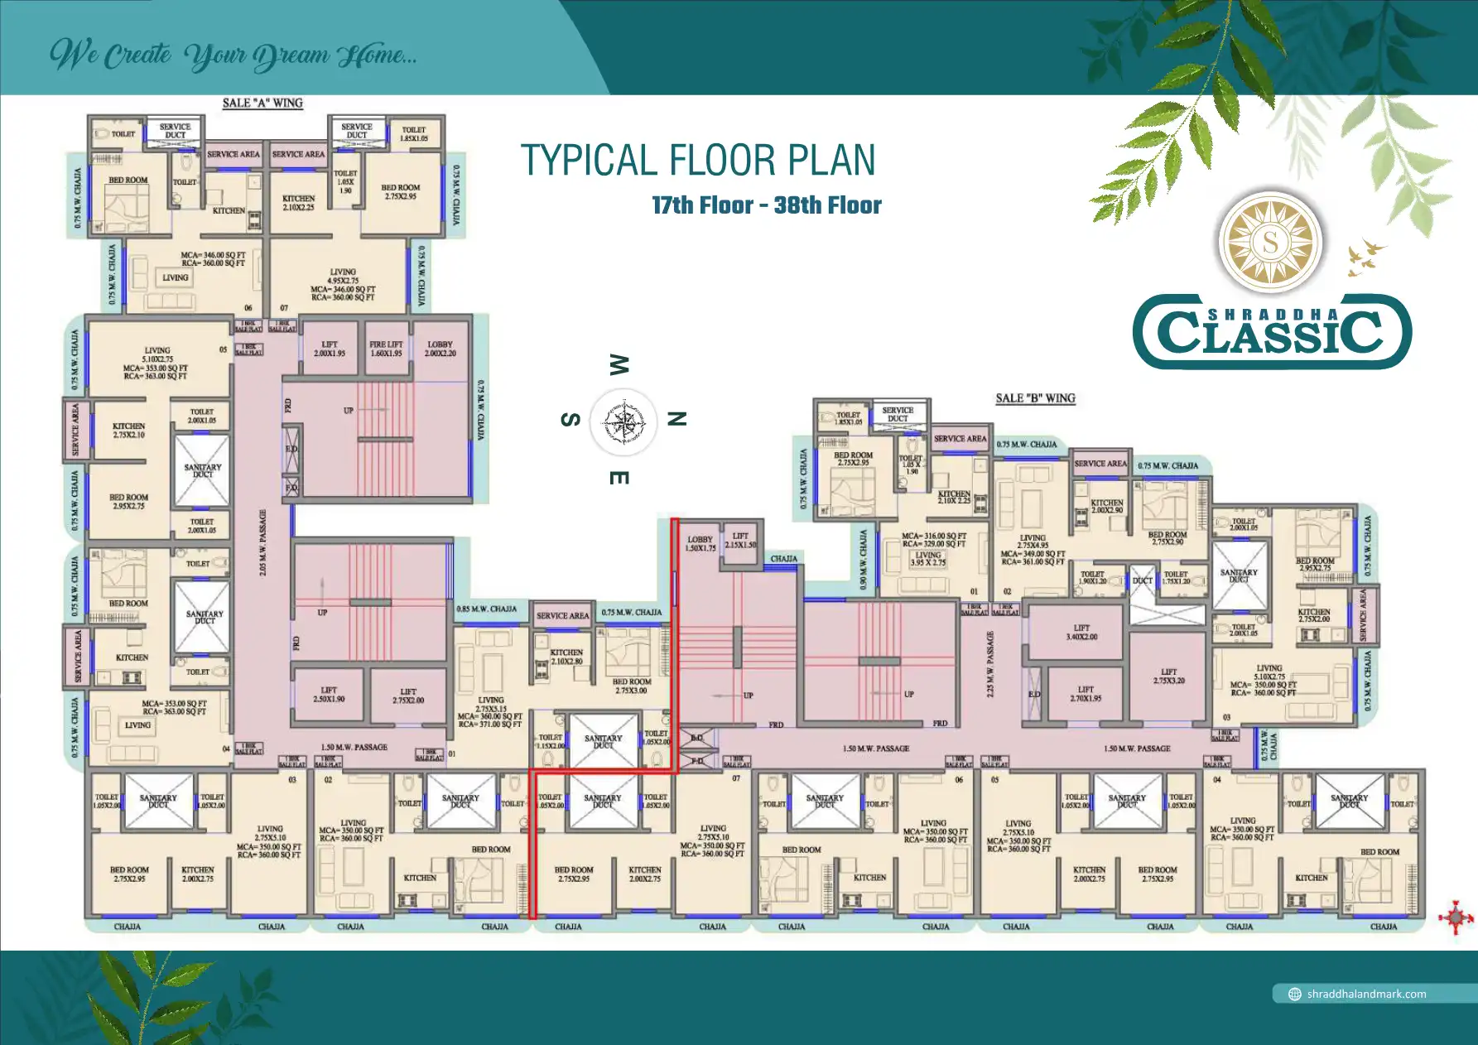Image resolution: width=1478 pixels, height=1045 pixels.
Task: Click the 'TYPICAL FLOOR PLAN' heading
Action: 697,161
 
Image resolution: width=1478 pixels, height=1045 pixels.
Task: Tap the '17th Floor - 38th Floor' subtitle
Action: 766,205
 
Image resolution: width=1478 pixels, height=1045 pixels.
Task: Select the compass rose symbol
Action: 623,423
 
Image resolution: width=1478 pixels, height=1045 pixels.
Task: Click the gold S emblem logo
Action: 1270,243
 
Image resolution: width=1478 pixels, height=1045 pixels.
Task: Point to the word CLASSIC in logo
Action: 1271,332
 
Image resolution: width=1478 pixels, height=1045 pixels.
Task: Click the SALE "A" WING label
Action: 262,104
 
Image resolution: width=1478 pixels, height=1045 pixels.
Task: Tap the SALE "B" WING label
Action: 1035,398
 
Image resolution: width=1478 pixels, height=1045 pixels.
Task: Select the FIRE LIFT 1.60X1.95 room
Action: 386,349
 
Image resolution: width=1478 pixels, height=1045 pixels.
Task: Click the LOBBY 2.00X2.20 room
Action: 441,349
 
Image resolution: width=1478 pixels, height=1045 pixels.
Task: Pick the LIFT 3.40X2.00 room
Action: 1081,633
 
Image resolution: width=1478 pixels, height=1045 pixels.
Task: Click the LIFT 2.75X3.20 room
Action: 1168,677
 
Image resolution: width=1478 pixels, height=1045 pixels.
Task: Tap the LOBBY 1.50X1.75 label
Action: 700,543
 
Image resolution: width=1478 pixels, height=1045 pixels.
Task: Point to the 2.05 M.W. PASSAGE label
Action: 263,542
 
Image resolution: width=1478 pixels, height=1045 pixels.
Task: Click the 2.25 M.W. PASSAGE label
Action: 990,663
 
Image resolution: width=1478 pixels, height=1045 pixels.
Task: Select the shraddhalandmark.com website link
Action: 1366,994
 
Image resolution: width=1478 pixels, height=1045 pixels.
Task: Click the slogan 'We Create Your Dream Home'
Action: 233,55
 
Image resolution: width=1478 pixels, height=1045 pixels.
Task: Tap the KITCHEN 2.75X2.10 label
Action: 128,431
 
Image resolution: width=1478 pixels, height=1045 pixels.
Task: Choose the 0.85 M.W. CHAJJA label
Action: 487,609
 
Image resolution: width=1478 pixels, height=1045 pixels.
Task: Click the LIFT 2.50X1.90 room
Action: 329,694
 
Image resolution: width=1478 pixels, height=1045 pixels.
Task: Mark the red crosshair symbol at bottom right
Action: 1456,917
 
